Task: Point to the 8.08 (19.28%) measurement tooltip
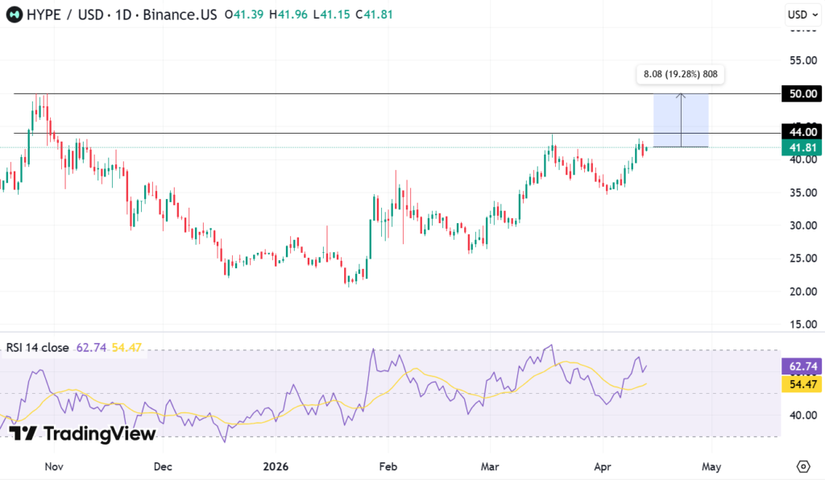(x=680, y=75)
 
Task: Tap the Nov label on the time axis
(x=54, y=466)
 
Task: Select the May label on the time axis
(x=711, y=466)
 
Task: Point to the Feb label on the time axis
(x=388, y=466)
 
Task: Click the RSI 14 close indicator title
(x=39, y=348)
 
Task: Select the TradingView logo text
(x=98, y=434)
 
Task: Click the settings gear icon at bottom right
(x=802, y=466)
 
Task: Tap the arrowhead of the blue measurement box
(x=682, y=96)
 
